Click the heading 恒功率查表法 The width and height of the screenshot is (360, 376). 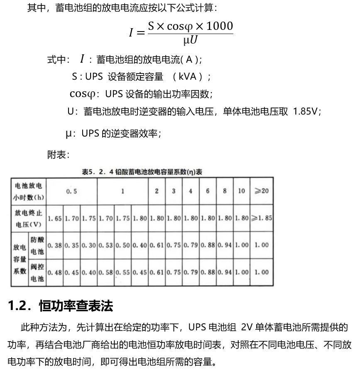76,306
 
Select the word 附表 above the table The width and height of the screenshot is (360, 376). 58,155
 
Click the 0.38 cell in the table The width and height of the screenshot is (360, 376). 54,245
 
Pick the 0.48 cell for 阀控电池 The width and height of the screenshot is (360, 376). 54,273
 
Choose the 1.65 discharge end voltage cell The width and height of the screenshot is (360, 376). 54,218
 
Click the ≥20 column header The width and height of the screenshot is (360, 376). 262,191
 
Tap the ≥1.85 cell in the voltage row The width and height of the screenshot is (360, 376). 262,218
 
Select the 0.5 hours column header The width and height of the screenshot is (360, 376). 71,191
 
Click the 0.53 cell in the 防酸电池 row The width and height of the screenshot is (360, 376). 105,245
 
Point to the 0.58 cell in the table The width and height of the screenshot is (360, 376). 105,273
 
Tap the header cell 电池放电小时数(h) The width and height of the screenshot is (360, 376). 29,191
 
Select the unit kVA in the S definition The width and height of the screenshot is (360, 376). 190,76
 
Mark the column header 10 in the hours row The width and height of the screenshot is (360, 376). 242,191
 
